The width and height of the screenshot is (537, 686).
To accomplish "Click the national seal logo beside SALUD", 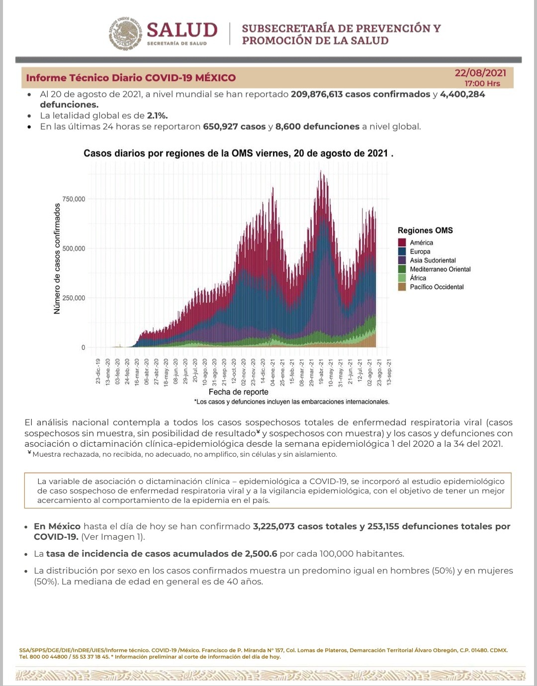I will pos(125,34).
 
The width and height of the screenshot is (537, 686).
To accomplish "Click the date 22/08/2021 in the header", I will pos(480,73).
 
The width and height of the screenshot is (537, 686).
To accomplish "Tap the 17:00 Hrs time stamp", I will pos(482,84).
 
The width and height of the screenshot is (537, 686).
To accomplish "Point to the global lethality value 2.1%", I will pos(157,115).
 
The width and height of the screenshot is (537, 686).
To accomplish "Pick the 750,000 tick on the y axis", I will pos(74,199).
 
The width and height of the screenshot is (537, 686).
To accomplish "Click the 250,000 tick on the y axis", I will pos(74,298).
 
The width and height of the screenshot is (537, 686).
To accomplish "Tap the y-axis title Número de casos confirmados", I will pos(57,259).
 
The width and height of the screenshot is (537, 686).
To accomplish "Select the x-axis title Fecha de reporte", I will pos(238,392).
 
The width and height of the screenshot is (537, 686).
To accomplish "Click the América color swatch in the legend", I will pos(402,243).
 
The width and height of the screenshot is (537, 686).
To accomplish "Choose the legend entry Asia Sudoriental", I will pos(433,260).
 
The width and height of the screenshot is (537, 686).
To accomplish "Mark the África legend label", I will pos(418,278).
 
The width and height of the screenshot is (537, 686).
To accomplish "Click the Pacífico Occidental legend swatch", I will pos(402,287).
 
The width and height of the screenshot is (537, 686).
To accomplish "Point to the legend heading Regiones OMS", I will pos(425,230).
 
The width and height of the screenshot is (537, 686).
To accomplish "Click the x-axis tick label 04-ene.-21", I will pos(272,372).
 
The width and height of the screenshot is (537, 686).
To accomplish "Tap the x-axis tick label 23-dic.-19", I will pos(98,371).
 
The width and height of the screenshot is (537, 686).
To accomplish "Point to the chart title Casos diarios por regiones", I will pos(238,153).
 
